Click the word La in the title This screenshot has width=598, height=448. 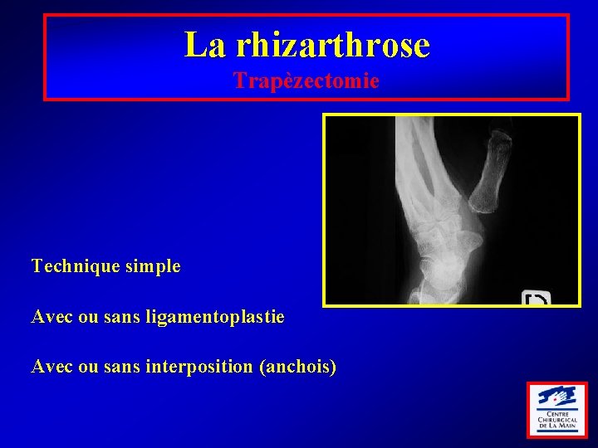click(x=204, y=45)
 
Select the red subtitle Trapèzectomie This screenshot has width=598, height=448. click(x=306, y=80)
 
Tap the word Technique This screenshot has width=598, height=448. click(x=71, y=266)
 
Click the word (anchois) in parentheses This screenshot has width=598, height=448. click(x=298, y=366)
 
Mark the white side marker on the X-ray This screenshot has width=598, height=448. click(x=536, y=299)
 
